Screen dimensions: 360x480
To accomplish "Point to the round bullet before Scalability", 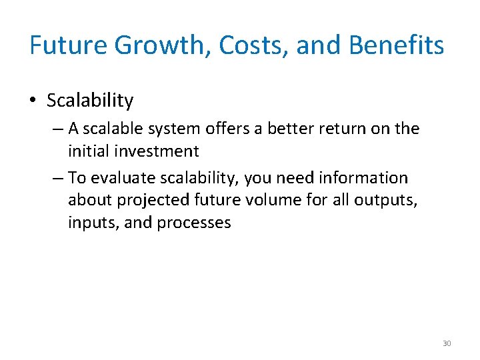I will coord(33,101).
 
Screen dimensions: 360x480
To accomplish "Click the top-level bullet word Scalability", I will coord(90,101).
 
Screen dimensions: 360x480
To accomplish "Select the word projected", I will coord(153,201).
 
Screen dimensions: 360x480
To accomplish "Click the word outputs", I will coord(387,200).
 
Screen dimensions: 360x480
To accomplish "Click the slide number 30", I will coord(447,343).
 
